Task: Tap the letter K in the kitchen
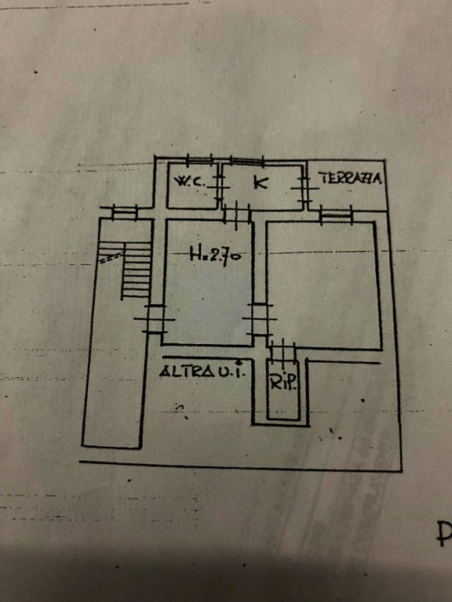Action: (261, 182)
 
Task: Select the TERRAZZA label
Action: (350, 178)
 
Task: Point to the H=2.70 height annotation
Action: (216, 254)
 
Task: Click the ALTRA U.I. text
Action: (202, 372)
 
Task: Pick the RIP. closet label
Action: (283, 382)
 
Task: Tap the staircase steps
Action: (136, 270)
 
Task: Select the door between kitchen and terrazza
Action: (304, 188)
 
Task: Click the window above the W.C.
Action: (199, 160)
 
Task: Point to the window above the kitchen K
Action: (246, 161)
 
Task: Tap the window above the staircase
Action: (125, 212)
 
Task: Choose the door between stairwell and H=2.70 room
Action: (154, 319)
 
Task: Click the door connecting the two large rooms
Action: (260, 320)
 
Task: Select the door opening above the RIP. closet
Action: (282, 350)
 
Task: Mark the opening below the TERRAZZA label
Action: (337, 216)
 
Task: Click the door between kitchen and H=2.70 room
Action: (237, 214)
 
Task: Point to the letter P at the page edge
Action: (445, 534)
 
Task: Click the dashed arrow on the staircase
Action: (111, 258)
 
